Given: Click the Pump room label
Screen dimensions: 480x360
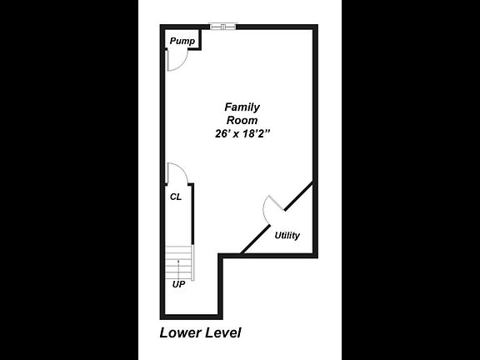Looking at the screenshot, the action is point(182,41).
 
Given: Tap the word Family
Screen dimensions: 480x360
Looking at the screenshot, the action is point(242,107).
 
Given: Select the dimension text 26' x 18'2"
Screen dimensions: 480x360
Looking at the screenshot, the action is point(242,134).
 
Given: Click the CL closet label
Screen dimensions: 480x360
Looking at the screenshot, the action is point(176,197).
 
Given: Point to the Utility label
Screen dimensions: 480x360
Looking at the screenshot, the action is point(287,235).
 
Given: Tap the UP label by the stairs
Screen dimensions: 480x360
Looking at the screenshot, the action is point(179,284).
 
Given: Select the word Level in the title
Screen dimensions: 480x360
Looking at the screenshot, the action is point(222,332).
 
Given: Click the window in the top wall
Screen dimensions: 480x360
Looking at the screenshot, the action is point(223,27).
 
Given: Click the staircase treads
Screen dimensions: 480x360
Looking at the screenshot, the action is point(178,262).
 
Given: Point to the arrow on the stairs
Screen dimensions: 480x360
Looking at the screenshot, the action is point(178,269).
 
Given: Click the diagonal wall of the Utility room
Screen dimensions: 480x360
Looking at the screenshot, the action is point(277,217).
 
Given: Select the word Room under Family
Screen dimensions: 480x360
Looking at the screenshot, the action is point(242,120).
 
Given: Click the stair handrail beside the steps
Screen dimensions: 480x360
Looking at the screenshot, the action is point(192,262).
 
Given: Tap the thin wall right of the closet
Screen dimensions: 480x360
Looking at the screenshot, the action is point(192,213).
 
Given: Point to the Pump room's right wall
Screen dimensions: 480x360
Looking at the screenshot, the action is point(200,39).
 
